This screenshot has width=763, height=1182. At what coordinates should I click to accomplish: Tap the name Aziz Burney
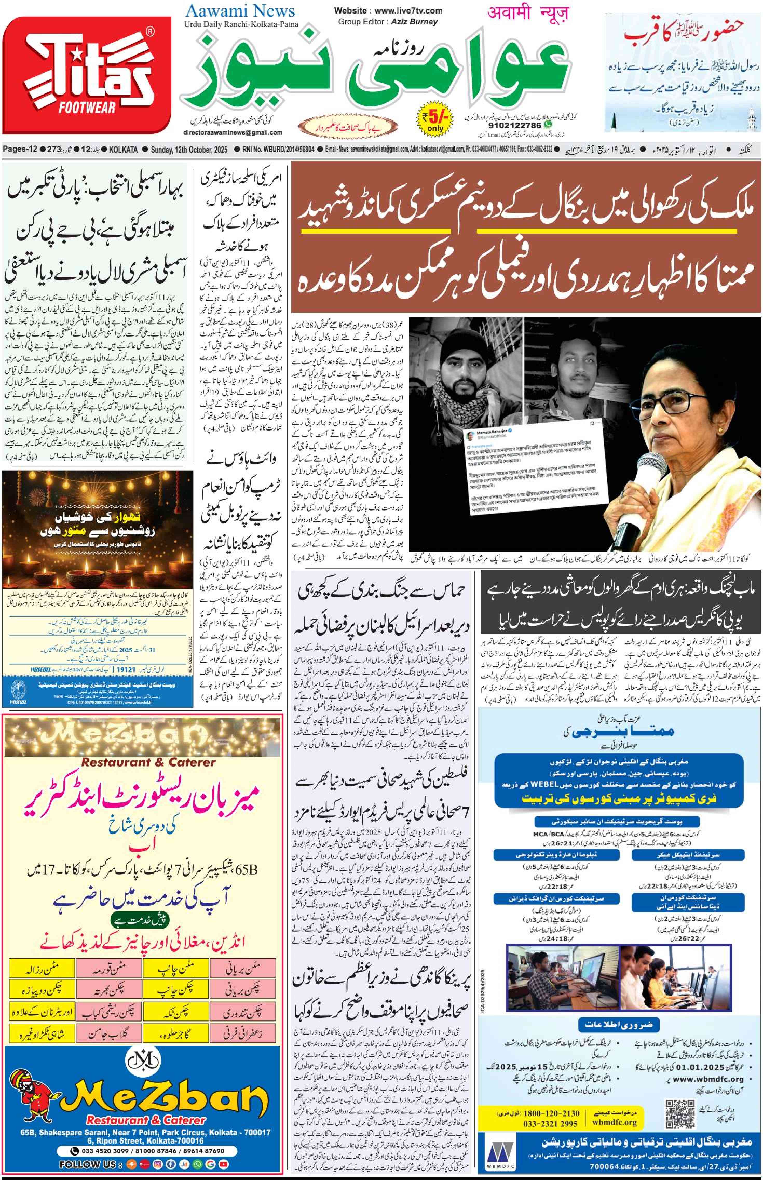(414, 22)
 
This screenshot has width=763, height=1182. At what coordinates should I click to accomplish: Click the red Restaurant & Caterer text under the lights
(149, 762)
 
